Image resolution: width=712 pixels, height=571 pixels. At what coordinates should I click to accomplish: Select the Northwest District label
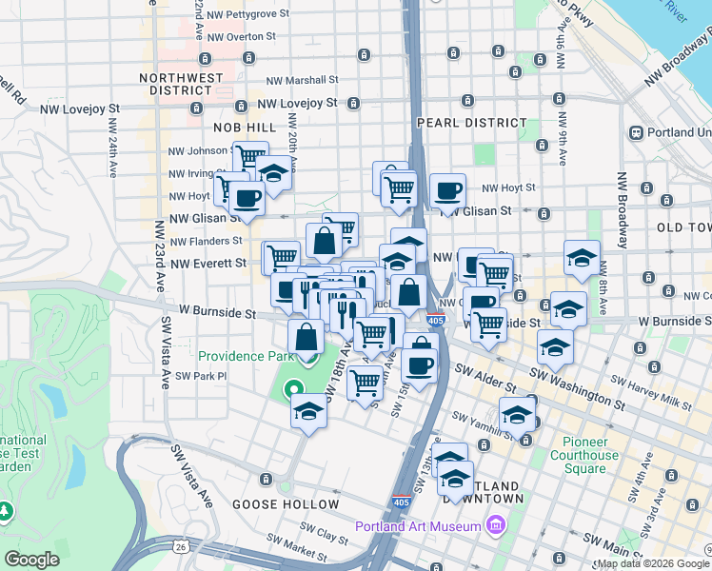point(181,78)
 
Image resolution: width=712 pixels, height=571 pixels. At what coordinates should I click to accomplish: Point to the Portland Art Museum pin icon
point(494,525)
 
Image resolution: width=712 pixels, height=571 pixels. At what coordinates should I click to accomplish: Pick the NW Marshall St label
point(303,81)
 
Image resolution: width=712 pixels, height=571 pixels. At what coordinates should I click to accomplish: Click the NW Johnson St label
point(195,150)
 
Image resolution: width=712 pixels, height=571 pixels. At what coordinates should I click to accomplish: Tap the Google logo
point(31,560)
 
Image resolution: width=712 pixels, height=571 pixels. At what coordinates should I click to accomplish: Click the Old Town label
point(683,227)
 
